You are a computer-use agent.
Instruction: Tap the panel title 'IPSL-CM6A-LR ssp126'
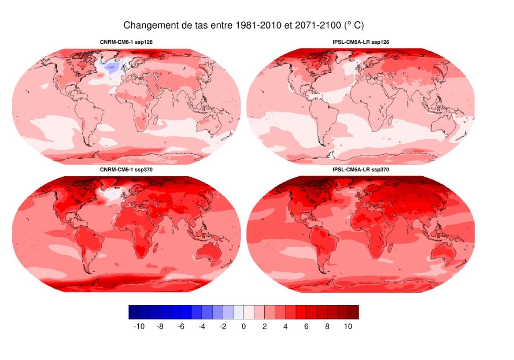click(x=361, y=42)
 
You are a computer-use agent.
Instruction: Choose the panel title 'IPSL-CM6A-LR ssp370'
click(x=361, y=170)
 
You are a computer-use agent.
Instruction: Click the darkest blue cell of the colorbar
click(x=134, y=312)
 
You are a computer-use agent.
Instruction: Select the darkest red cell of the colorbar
click(x=353, y=312)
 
